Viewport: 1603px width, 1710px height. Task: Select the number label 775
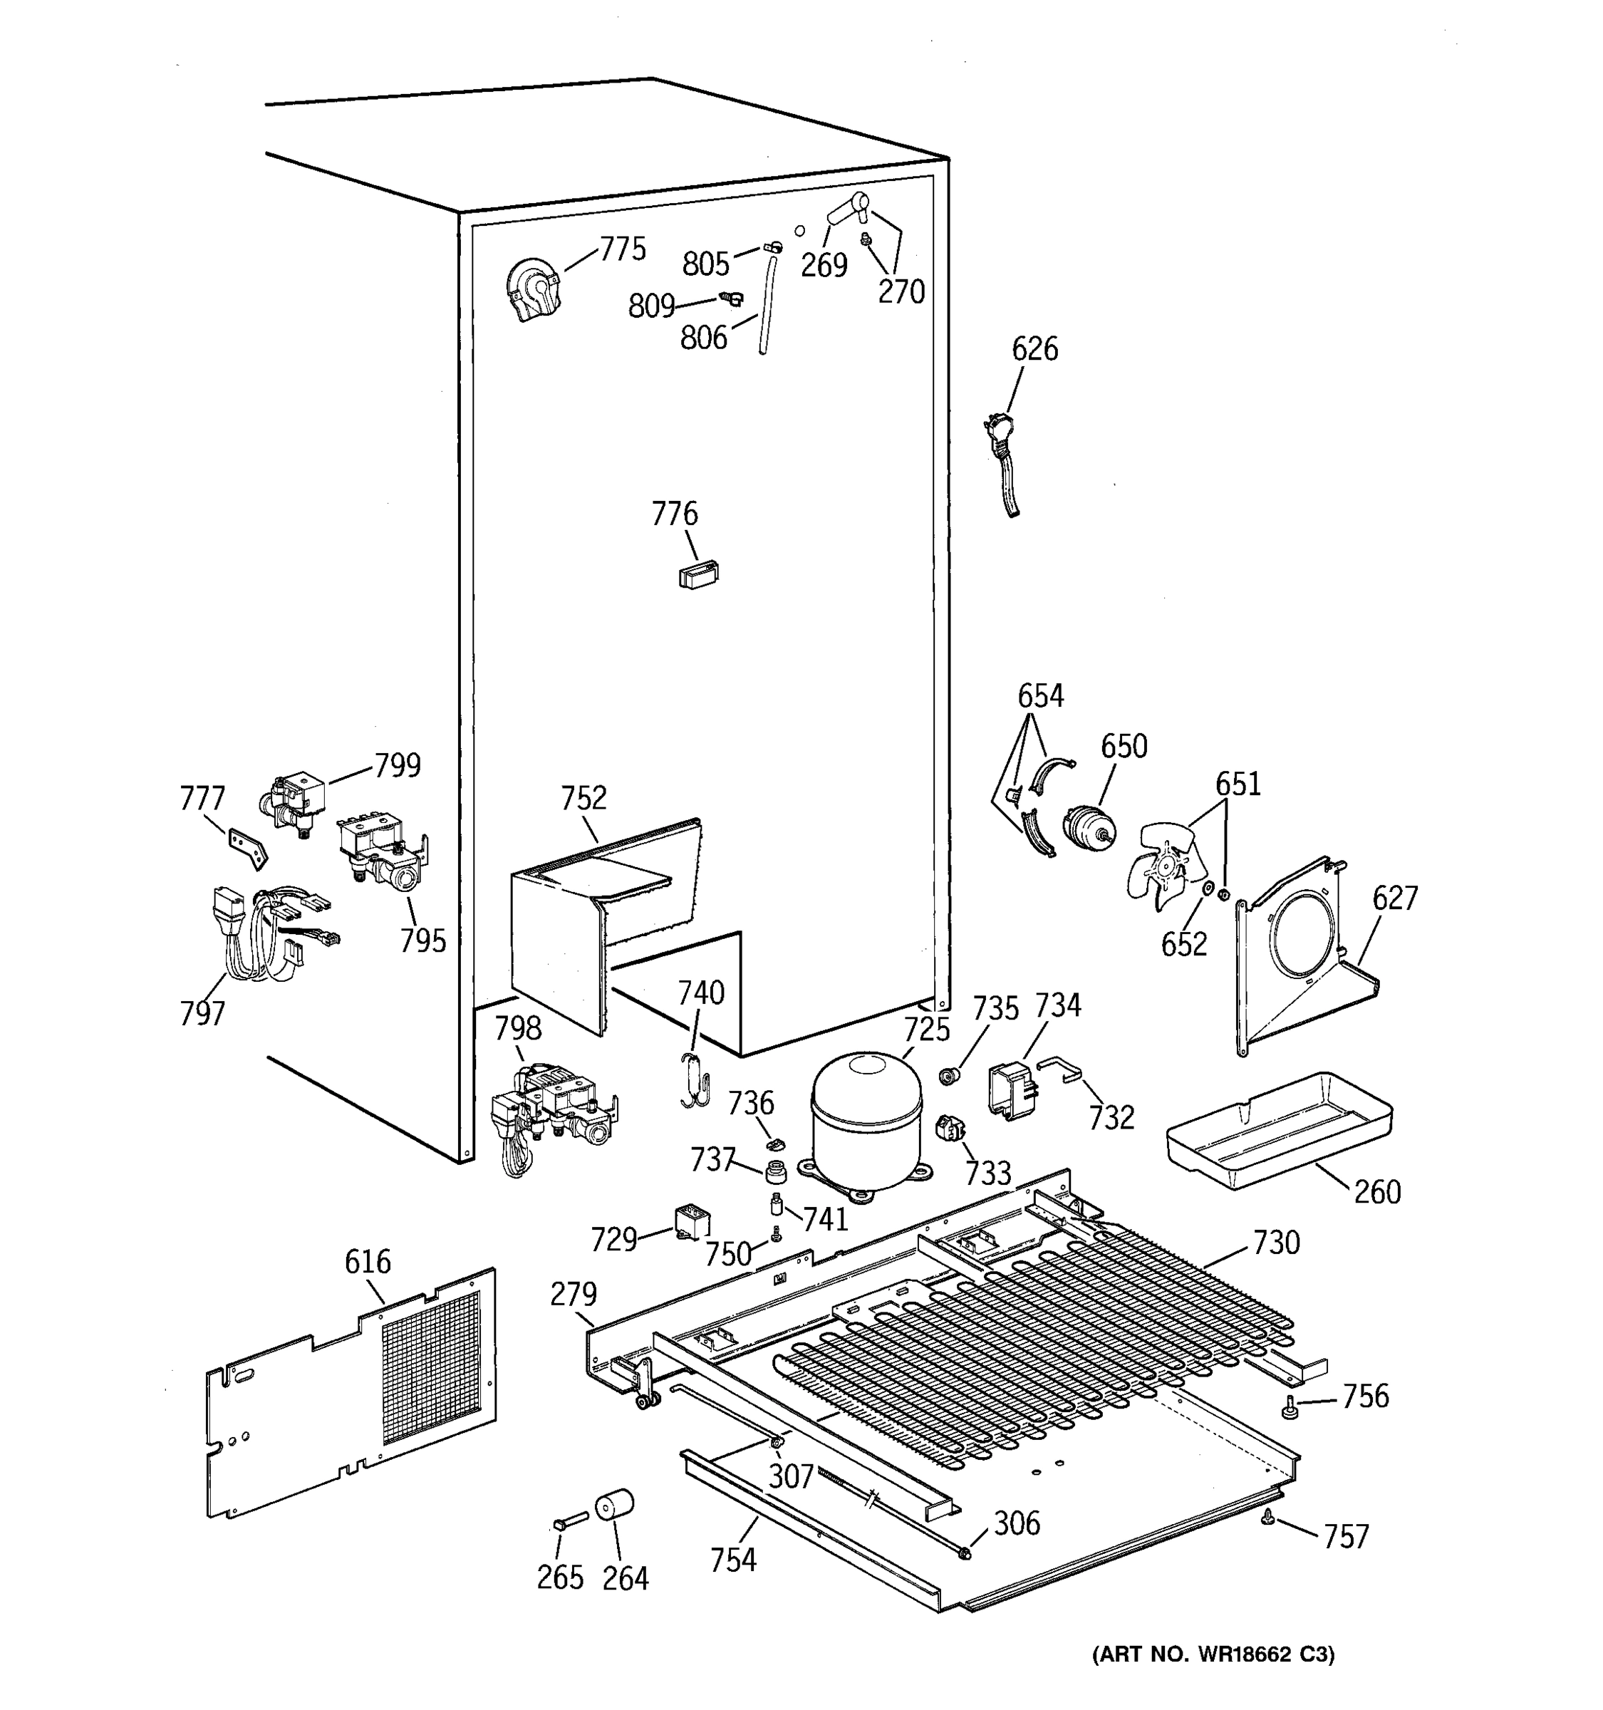[623, 249]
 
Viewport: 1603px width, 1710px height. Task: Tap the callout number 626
[1034, 349]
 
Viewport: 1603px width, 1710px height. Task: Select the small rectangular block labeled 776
[697, 574]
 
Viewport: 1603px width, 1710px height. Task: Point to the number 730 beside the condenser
[1276, 1243]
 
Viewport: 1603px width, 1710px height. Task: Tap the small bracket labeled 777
[247, 847]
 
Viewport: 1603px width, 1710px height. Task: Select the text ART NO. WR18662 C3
[1213, 1654]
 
